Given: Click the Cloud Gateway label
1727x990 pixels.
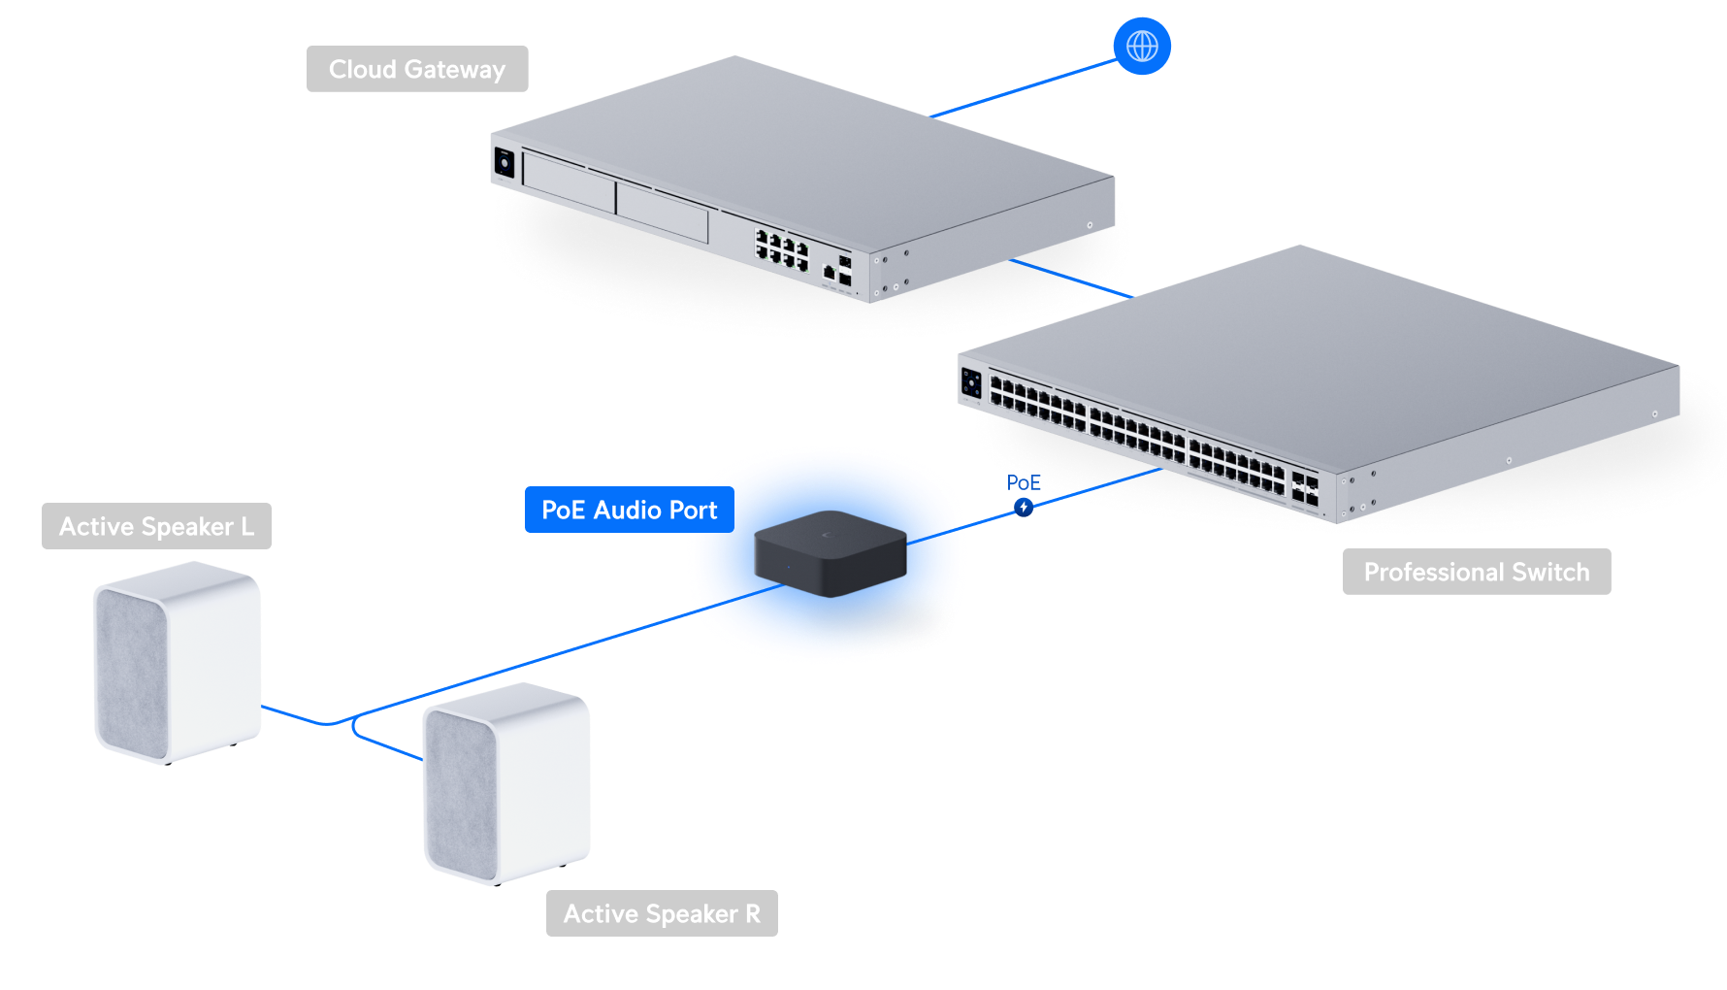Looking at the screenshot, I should click(417, 69).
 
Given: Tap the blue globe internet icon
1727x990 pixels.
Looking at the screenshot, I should click(1142, 46).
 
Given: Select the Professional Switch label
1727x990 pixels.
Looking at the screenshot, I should click(1476, 572).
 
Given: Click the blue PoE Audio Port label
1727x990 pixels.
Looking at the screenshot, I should click(629, 510).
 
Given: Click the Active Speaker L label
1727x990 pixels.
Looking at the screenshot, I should click(156, 526).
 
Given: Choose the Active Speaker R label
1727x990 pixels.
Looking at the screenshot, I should click(662, 913).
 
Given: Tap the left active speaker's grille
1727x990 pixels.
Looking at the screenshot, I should click(130, 670).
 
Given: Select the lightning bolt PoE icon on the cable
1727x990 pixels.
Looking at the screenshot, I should click(1024, 507).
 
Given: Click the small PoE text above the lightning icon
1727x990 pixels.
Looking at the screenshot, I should click(1023, 482).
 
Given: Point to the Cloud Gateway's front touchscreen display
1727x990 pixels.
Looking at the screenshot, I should click(505, 162).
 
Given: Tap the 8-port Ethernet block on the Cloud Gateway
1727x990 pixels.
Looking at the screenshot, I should click(782, 249).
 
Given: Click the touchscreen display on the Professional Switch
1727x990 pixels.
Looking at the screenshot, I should click(971, 382).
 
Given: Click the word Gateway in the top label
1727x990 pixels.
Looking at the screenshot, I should click(455, 69).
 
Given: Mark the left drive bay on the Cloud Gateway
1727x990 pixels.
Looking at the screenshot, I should click(569, 181).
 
